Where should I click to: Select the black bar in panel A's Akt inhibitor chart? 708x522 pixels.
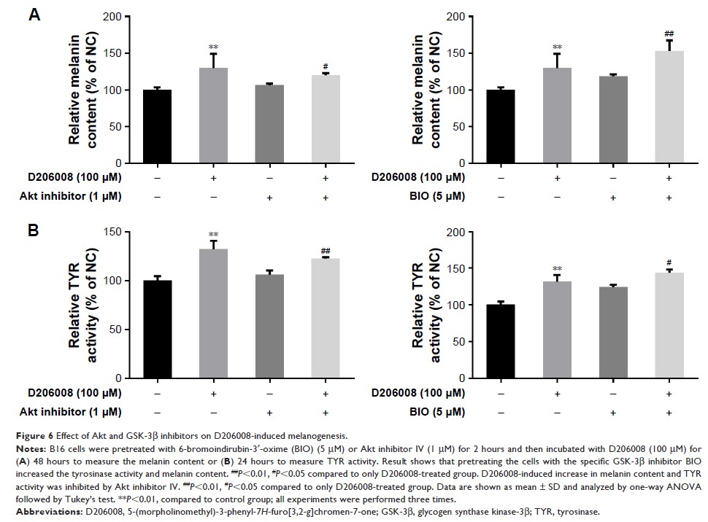(157, 127)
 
